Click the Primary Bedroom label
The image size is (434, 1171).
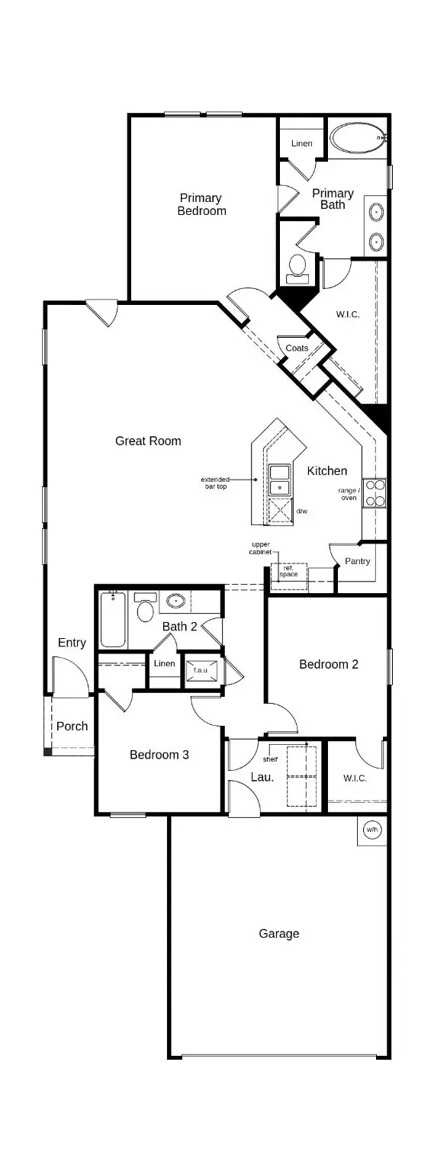coord(201,204)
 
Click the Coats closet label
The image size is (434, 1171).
coord(297,348)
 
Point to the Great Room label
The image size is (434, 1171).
coord(148,441)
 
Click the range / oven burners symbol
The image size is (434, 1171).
coord(375,492)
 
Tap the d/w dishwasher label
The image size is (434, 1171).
coord(301,511)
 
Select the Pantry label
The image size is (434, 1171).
coord(357,561)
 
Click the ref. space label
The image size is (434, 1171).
coord(288,571)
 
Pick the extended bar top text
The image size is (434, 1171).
coord(214,483)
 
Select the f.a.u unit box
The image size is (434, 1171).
coord(201,669)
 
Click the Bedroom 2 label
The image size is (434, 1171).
coord(328,664)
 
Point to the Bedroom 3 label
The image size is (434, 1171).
coord(159,755)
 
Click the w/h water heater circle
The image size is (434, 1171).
coord(372,829)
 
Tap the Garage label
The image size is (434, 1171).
coord(278,933)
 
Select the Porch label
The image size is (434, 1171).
coord(72,726)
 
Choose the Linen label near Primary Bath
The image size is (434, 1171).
coord(302,143)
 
